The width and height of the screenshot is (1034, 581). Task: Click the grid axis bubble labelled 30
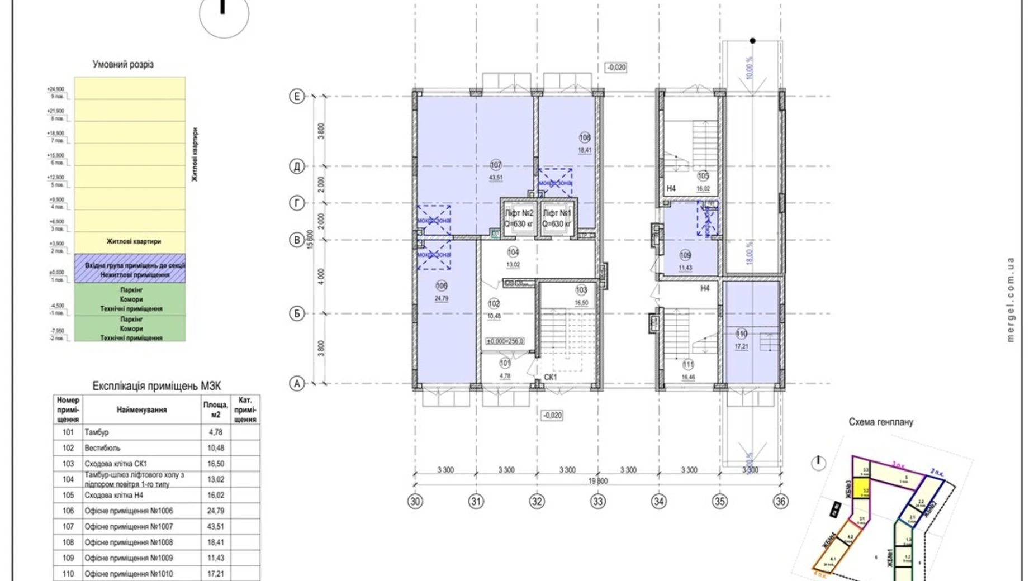[415, 501]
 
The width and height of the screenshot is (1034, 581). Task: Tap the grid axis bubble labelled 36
[780, 501]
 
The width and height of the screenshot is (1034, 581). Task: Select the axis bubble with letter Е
[297, 96]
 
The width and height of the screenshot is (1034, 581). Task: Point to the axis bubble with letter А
[297, 384]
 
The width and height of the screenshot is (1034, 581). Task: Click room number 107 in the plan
[496, 165]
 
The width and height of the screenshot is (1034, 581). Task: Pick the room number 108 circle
[585, 137]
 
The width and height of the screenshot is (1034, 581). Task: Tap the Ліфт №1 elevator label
[557, 213]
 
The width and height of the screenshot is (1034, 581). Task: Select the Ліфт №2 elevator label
[519, 213]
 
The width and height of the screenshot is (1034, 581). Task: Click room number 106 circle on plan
[442, 285]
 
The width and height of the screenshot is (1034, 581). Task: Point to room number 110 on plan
[741, 334]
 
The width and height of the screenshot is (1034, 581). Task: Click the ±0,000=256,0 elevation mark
[505, 341]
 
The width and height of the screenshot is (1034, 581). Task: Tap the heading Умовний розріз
[123, 64]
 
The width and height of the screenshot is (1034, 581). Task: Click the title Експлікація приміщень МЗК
[156, 386]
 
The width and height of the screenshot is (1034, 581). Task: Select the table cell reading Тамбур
[97, 432]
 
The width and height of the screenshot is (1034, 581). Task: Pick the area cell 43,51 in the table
[216, 526]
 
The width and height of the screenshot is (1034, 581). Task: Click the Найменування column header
[141, 409]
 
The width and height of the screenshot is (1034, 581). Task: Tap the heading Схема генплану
[881, 422]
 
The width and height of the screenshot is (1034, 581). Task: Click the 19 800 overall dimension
[597, 480]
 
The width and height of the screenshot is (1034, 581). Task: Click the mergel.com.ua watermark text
[1010, 299]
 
